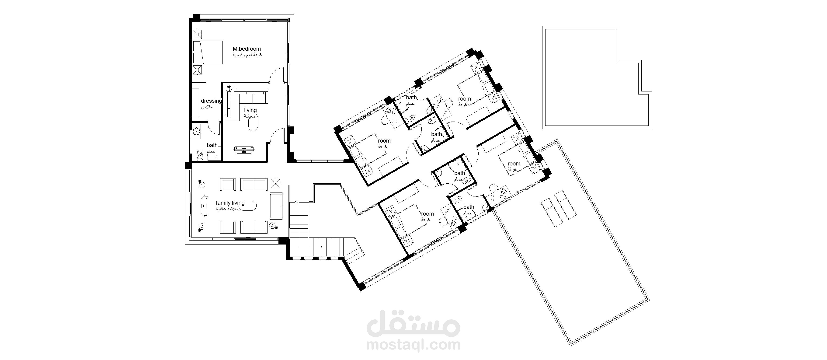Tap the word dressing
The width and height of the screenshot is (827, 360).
pos(211,101)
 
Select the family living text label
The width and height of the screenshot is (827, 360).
pos(230,203)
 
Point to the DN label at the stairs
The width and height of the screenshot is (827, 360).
pos(296,202)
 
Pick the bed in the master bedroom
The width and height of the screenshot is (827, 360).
pos(207,52)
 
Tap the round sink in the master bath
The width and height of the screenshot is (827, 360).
pos(196,131)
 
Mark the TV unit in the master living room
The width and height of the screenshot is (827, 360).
pos(245,150)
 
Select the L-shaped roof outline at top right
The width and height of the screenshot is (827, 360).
pos(597,78)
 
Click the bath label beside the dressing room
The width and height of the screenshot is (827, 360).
pos(212,145)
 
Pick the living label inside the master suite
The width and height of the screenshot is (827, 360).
pos(250,110)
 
